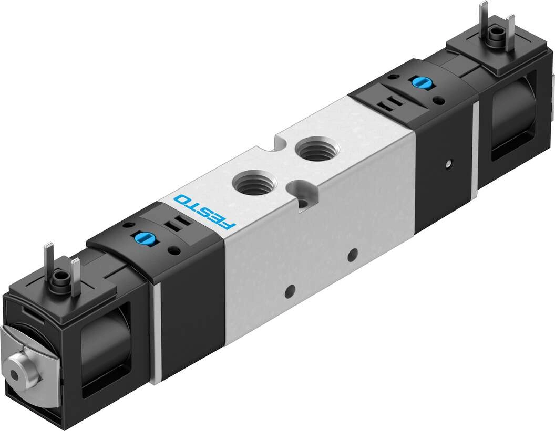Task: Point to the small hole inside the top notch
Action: tap(304, 203)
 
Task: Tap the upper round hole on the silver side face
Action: tap(352, 255)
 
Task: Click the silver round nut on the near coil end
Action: tap(22, 366)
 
